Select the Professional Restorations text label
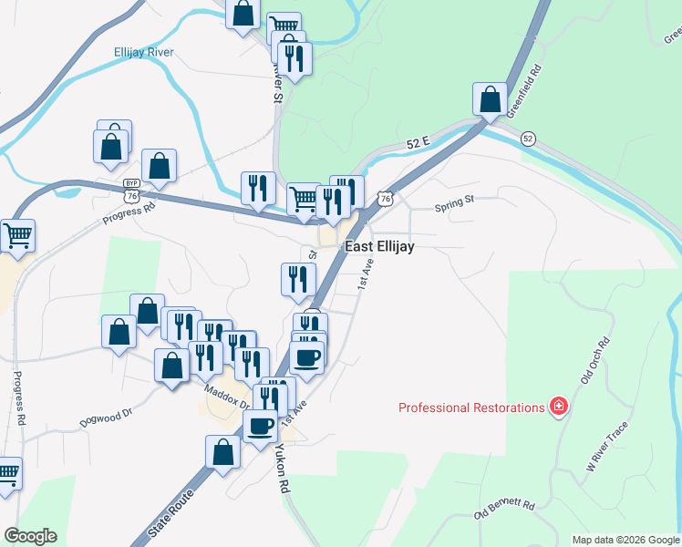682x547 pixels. [471, 408]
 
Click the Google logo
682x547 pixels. [30, 536]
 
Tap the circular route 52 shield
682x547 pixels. [528, 139]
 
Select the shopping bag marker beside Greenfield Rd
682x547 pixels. [491, 98]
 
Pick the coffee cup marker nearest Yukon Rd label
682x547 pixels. [260, 425]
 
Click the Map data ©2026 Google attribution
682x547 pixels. [625, 540]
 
